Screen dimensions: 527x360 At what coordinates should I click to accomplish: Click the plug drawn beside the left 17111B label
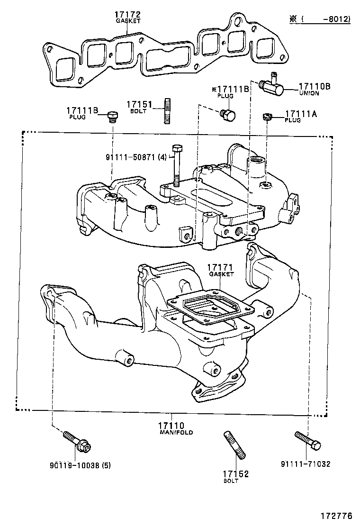(x=113, y=116)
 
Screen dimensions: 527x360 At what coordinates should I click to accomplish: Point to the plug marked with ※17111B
(x=228, y=115)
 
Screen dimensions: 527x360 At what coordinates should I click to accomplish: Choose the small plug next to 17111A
(x=267, y=116)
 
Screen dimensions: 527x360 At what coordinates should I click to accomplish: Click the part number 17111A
(x=300, y=114)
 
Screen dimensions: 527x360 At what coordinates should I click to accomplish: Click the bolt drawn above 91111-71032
(x=307, y=440)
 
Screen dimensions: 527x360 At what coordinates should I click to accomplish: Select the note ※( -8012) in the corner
(x=320, y=19)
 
